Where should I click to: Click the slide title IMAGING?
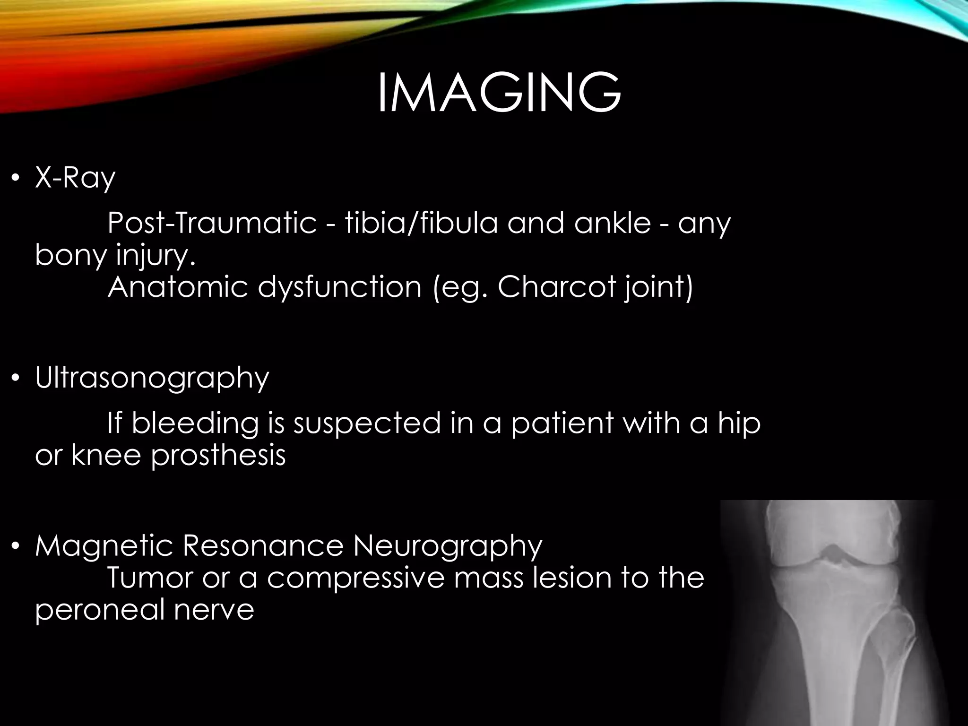[499, 93]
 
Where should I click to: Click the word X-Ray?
[75, 179]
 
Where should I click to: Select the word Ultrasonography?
[152, 379]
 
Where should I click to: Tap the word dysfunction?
[339, 287]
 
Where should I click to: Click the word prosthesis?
[218, 455]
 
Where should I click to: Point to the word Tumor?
[148, 578]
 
